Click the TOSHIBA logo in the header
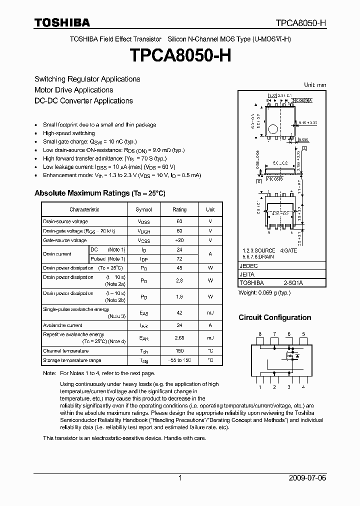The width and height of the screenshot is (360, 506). [x=62, y=22]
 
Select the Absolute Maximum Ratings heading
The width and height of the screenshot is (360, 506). [x=99, y=193]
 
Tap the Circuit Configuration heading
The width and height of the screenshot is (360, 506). [x=274, y=317]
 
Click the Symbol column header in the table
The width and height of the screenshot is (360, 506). [x=144, y=209]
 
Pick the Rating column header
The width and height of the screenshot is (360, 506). [x=179, y=209]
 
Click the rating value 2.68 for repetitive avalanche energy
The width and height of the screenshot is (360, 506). [x=179, y=338]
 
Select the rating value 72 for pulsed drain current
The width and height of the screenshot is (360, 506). [x=179, y=259]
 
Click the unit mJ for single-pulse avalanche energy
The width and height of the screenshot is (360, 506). [x=210, y=313]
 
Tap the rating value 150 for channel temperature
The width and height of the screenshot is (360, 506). [x=179, y=351]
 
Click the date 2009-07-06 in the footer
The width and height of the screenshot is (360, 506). [x=307, y=478]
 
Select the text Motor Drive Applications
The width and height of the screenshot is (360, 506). [x=73, y=90]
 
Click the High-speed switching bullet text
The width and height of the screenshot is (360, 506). [x=69, y=133]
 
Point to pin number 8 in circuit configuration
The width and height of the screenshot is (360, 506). [x=259, y=333]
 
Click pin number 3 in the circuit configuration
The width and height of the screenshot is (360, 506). [x=289, y=387]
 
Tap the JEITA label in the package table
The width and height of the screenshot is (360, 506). [x=247, y=274]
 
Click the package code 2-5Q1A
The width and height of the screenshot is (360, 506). [x=293, y=282]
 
